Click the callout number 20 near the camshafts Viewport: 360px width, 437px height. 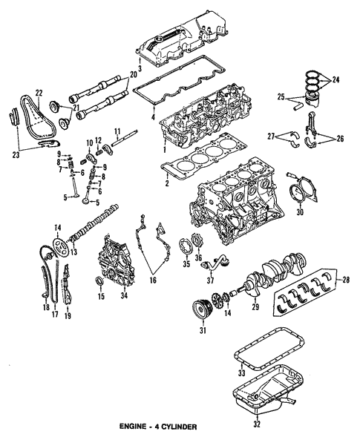pos(133,75)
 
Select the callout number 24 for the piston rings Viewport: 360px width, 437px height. pos(336,79)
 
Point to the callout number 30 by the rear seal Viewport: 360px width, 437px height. pos(300,212)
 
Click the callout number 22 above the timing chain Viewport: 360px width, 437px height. pos(39,92)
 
